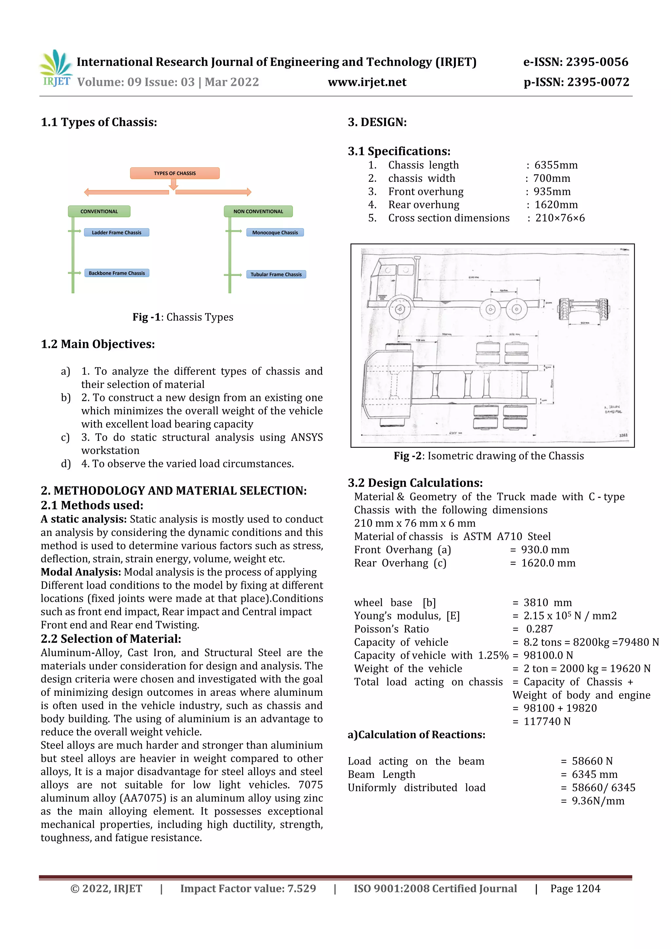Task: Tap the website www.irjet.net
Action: [x=367, y=82]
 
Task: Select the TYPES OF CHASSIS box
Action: [x=175, y=173]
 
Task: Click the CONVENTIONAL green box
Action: [x=99, y=211]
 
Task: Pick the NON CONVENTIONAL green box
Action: [x=258, y=211]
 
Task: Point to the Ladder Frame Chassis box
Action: [x=117, y=233]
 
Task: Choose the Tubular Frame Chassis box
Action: [x=276, y=275]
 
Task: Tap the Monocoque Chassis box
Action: [x=275, y=233]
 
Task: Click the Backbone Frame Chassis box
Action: [x=117, y=273]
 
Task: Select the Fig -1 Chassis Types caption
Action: [x=183, y=317]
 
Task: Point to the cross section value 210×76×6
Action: [x=560, y=218]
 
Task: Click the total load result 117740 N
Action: [x=547, y=722]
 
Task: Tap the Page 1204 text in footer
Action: [x=575, y=889]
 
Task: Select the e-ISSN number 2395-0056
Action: [x=597, y=62]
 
